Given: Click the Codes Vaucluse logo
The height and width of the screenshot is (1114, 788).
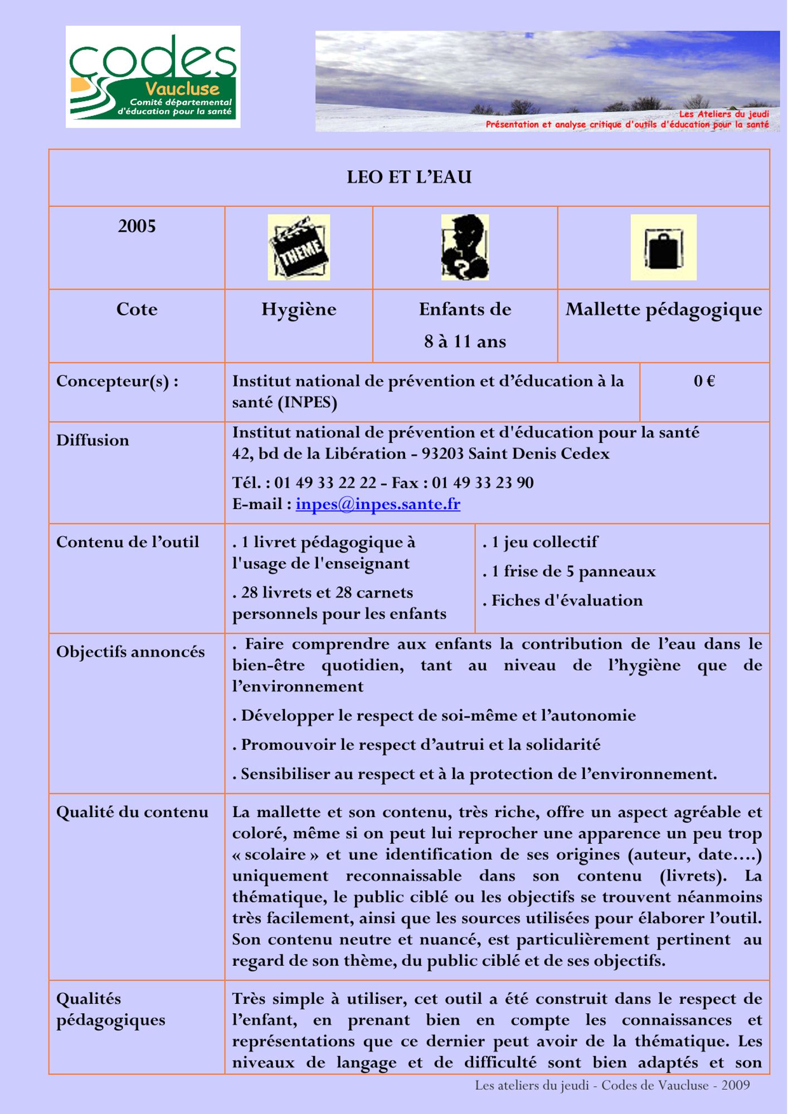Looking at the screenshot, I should click(153, 77).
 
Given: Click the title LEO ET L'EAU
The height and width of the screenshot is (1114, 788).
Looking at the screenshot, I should click(409, 177).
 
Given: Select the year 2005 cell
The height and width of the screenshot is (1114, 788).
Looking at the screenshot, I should click(137, 226).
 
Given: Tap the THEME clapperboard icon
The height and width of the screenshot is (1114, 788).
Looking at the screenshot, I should click(299, 247).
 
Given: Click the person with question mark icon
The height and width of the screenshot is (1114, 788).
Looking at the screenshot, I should click(465, 247).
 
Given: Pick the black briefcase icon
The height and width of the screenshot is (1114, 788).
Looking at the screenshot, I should click(663, 247).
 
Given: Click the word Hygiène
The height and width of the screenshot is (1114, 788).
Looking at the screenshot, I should click(299, 310).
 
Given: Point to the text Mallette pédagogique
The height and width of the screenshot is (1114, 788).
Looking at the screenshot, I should click(663, 310).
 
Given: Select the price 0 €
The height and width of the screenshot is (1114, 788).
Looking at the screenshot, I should click(704, 381).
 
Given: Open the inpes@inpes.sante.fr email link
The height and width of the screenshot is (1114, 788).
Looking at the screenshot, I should click(378, 504).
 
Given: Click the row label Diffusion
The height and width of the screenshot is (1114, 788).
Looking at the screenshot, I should click(93, 440).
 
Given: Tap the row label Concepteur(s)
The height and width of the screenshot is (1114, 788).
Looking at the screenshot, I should click(117, 381).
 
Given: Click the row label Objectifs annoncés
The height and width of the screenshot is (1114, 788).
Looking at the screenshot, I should click(130, 652).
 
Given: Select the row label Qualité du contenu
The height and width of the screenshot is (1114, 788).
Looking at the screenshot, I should click(132, 812).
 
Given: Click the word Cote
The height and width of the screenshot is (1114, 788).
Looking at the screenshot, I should click(137, 310).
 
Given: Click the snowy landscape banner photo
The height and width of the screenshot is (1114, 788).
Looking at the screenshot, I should click(547, 81).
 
